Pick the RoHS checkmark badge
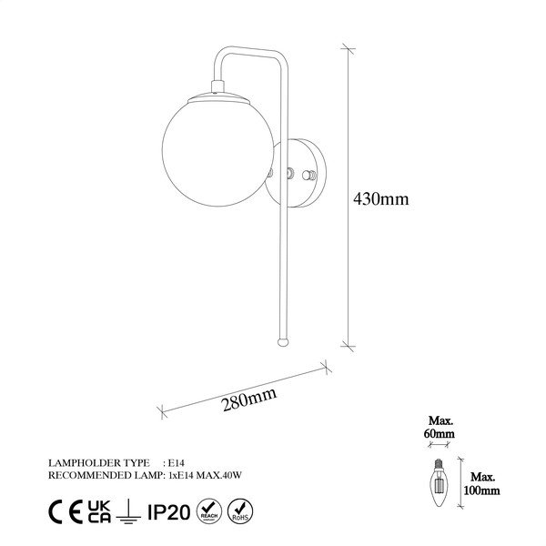click(240, 507)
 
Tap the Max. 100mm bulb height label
click(483, 483)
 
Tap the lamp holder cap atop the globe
click(217, 88)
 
